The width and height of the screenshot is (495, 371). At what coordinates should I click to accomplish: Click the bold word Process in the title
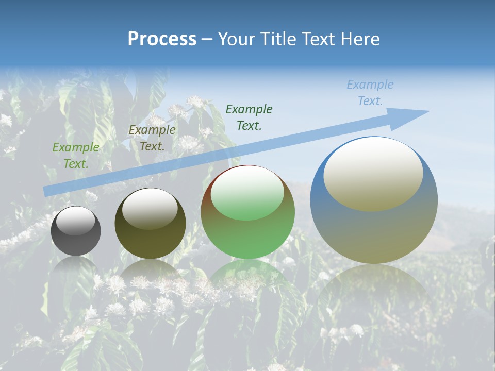(162, 39)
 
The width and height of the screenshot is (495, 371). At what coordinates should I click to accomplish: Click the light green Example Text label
(76, 156)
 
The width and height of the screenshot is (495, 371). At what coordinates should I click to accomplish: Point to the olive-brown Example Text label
(152, 138)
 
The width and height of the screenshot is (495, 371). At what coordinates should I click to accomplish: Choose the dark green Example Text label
(249, 117)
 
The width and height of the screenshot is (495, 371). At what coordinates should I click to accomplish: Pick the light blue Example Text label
(370, 93)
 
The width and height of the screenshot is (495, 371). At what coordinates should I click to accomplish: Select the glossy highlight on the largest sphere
(373, 174)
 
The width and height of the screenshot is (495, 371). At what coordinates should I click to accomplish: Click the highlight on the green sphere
(247, 194)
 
